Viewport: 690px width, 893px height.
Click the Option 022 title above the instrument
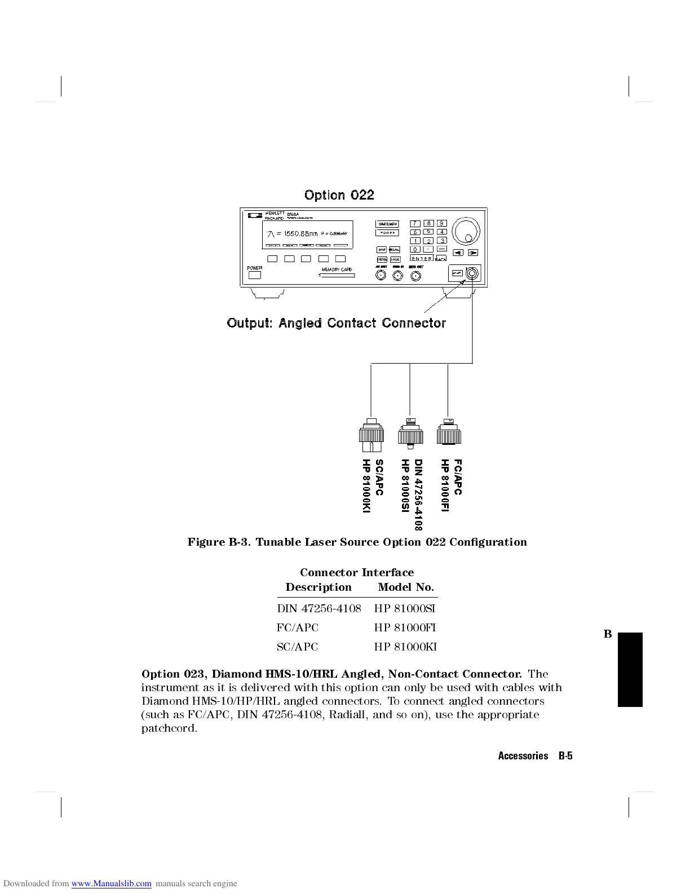tap(339, 195)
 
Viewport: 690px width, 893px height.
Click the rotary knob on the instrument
tap(467, 230)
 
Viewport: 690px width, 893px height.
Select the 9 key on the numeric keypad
tap(442, 223)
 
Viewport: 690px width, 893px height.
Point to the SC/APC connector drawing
tap(371, 436)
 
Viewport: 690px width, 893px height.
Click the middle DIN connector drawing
tap(410, 434)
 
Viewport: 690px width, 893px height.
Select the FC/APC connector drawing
tap(448, 433)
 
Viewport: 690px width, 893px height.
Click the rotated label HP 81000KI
tap(366, 486)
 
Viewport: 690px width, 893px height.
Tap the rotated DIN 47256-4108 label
tap(418, 494)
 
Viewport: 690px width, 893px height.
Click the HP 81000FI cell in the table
tap(405, 628)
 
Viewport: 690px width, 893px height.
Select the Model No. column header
tap(406, 587)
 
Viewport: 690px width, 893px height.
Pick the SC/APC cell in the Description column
tap(297, 647)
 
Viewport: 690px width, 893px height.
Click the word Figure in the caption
tap(206, 542)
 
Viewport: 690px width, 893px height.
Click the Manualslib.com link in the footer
tap(111, 883)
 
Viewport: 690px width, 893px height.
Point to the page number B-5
tap(565, 756)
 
